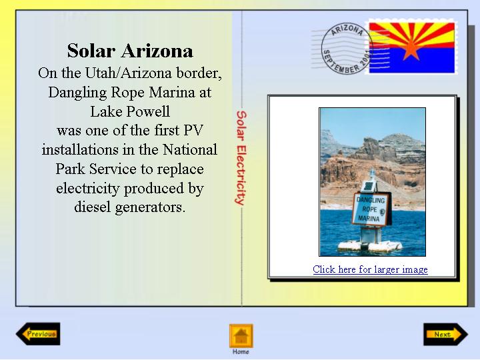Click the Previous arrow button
point(38,334)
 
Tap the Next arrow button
point(446,334)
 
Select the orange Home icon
point(241,336)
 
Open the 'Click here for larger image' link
point(370,269)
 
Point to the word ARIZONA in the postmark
point(347,30)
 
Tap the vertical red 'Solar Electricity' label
point(241,157)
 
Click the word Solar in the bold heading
point(91,51)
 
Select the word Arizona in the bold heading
point(157,51)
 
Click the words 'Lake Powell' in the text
point(130,111)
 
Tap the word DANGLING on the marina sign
point(371,200)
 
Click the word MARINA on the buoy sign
point(369,218)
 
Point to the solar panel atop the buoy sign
point(369,186)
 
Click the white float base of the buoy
point(370,246)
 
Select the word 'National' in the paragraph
point(190,150)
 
